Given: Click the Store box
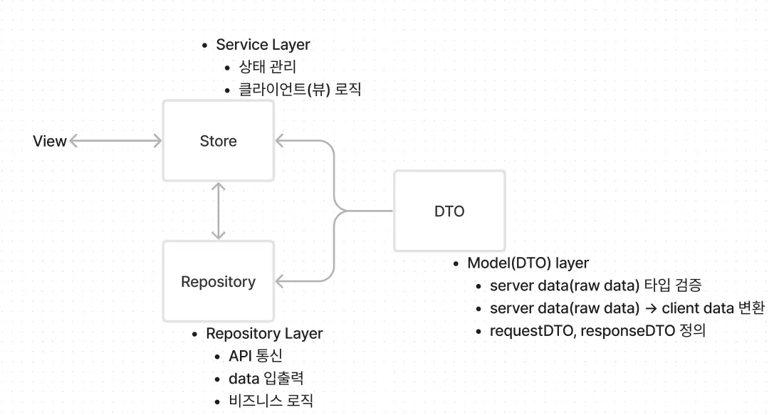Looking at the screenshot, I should [218, 141].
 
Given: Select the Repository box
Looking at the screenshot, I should [218, 282].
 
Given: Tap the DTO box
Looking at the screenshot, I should [449, 211].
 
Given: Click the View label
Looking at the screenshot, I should [50, 141].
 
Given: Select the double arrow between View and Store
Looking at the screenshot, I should [116, 141].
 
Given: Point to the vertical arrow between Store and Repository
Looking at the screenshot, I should [219, 210].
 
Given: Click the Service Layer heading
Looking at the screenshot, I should [263, 45].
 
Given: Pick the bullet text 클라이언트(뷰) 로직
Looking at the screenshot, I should [300, 90].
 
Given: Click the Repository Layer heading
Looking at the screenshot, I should [264, 334].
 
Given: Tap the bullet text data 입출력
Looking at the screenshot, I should [266, 379].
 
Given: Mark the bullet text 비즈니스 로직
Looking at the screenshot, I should [271, 401].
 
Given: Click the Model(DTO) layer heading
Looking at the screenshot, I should [528, 263].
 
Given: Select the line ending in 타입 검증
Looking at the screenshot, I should [595, 286].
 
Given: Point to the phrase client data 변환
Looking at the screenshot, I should [713, 308].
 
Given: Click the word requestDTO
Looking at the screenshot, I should [528, 331].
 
